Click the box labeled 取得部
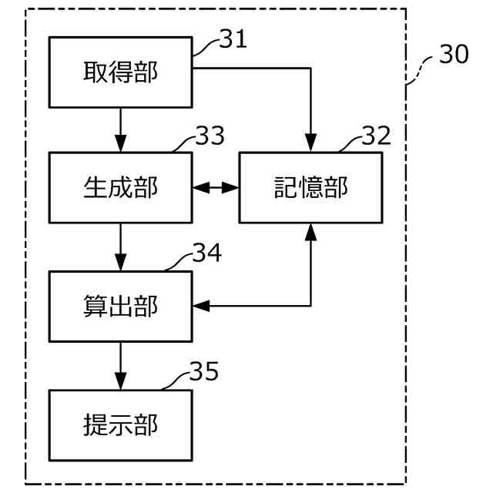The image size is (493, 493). (120, 72)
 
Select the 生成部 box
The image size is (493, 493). (120, 187)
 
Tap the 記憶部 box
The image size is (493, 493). (310, 187)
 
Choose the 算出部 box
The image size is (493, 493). (120, 307)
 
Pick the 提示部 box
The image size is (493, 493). (120, 425)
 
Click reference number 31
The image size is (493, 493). (233, 40)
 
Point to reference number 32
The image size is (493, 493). (377, 136)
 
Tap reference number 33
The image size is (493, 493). (210, 136)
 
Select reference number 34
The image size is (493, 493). (206, 253)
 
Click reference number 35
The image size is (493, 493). (204, 372)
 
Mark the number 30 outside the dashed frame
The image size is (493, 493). (453, 55)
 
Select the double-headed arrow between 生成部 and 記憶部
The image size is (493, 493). (215, 187)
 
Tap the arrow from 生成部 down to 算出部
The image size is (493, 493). (120, 246)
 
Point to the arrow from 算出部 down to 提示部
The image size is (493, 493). (120, 365)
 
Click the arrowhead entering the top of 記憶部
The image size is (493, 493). (310, 144)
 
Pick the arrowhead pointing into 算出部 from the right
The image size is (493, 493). (200, 307)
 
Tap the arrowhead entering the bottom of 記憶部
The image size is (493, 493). (310, 230)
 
